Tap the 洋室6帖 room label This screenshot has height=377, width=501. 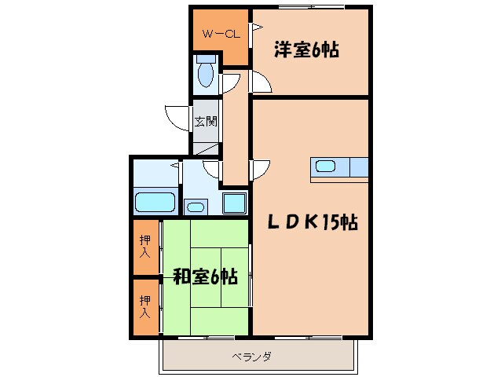[306, 50]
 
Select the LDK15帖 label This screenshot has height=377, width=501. [314, 223]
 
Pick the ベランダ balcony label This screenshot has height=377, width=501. [251, 357]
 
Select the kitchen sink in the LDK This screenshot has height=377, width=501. [326, 167]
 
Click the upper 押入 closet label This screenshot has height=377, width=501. [145, 247]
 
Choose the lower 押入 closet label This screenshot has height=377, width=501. [145, 306]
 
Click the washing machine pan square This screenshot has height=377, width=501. [235, 203]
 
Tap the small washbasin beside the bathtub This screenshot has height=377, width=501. [194, 207]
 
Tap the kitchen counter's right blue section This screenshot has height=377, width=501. [358, 167]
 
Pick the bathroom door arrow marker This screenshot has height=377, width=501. [175, 167]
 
